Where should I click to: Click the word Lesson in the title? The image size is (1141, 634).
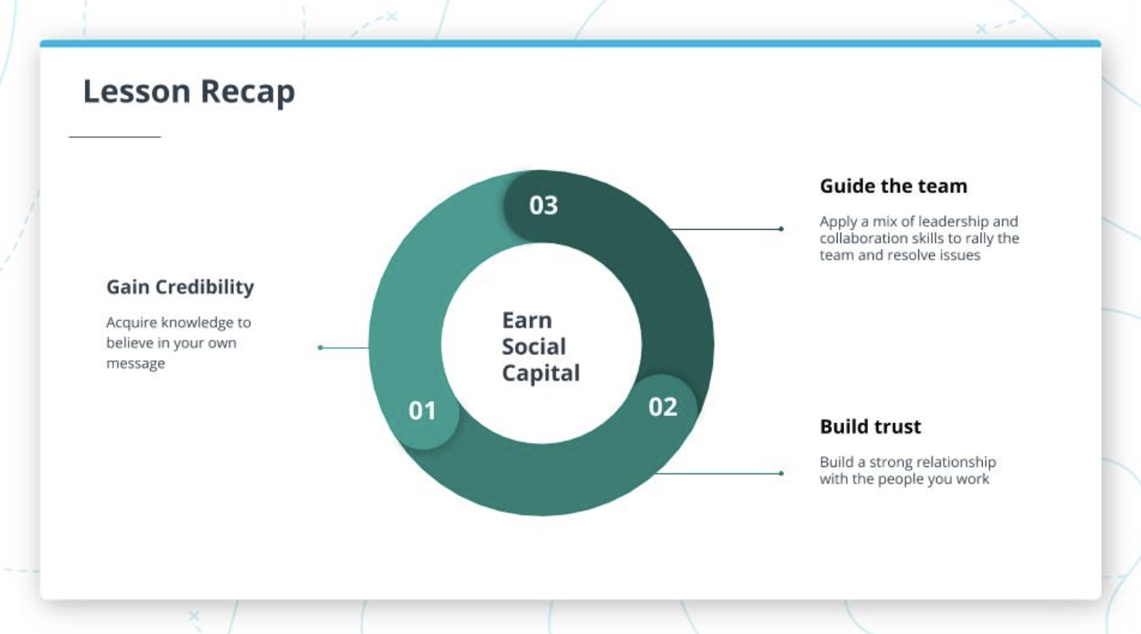137,91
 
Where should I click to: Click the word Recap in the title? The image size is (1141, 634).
248,93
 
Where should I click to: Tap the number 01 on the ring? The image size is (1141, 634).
422,411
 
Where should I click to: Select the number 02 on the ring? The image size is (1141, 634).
663,407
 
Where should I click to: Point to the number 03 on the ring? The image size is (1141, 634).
544,205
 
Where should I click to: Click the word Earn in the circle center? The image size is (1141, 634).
526,320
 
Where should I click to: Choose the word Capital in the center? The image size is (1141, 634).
540,373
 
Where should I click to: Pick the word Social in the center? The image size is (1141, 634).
534,347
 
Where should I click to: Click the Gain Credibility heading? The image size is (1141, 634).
180,287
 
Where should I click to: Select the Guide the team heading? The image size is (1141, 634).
893,186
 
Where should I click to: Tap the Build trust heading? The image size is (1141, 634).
870,426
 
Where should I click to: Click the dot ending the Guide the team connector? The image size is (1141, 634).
781,229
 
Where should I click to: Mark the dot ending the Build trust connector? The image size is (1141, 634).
781,473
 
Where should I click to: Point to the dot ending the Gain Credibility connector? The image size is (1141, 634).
320,348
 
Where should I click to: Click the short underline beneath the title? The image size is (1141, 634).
115,137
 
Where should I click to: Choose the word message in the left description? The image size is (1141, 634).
135,363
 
